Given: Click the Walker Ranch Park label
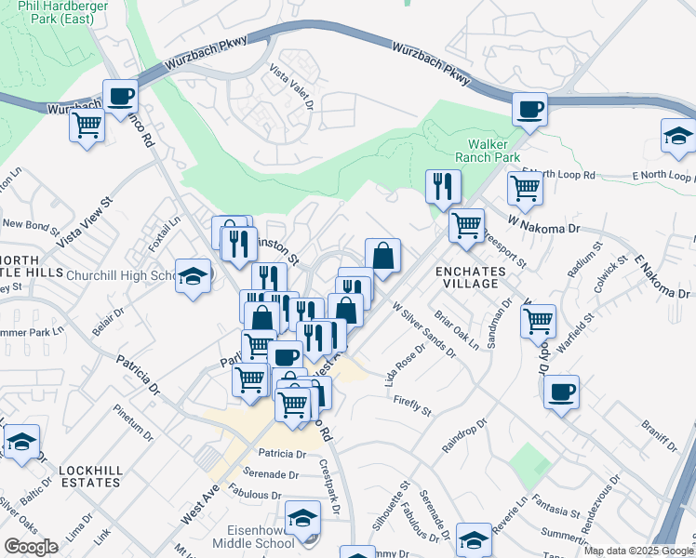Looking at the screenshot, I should click(493, 151).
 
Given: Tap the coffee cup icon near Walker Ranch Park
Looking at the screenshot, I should click(529, 110).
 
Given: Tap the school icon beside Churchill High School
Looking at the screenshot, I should click(194, 276).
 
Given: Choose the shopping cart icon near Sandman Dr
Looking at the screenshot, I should click(538, 322).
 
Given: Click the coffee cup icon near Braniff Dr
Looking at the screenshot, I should click(561, 392).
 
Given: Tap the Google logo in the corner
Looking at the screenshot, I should click(30, 547).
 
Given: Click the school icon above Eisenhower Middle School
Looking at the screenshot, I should click(302, 517).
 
